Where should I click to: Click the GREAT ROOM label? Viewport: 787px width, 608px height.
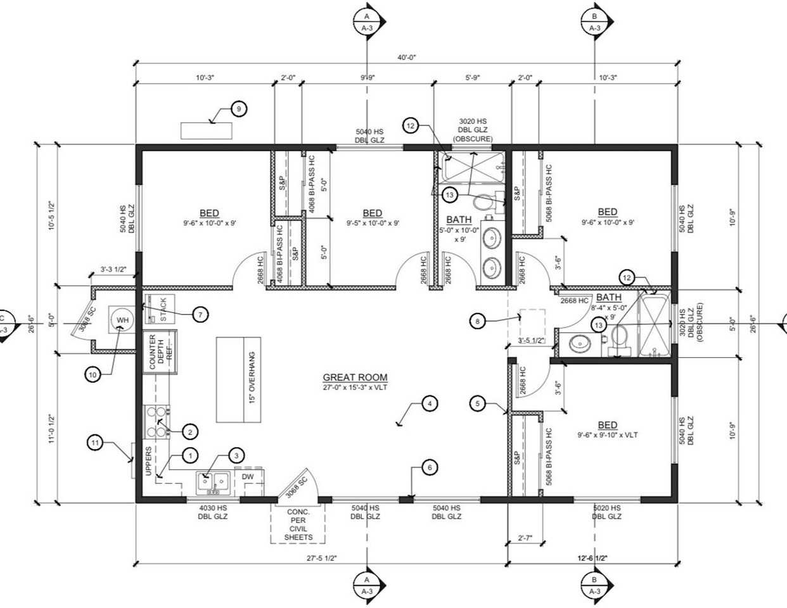pyautogui.click(x=355, y=377)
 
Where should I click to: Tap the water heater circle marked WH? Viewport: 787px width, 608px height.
pyautogui.click(x=122, y=320)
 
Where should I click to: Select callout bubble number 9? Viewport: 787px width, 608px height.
pyautogui.click(x=238, y=110)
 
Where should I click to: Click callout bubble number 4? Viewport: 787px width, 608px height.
pyautogui.click(x=429, y=403)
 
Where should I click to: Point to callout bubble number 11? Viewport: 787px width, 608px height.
pyautogui.click(x=95, y=443)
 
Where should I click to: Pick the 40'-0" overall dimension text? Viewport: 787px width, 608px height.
pyautogui.click(x=406, y=57)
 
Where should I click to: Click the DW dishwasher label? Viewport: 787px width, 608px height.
pyautogui.click(x=248, y=476)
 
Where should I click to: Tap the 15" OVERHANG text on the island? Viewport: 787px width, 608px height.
pyautogui.click(x=252, y=379)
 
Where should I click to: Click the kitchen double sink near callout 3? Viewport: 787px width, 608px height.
pyautogui.click(x=211, y=483)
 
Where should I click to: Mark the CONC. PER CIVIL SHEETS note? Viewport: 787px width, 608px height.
pyautogui.click(x=298, y=524)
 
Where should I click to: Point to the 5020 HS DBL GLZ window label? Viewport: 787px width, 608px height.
pyautogui.click(x=606, y=512)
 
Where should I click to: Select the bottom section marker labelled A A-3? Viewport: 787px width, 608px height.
pyautogui.click(x=366, y=584)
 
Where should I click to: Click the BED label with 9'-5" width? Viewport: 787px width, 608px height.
pyautogui.click(x=373, y=213)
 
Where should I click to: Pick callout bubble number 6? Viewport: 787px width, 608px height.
pyautogui.click(x=429, y=468)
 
